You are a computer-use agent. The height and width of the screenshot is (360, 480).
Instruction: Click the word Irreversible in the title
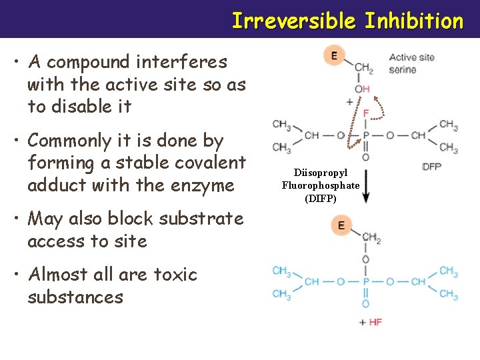(294, 21)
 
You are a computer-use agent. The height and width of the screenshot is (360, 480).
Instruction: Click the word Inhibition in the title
(413, 21)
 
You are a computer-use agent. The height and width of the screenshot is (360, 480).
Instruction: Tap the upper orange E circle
(333, 55)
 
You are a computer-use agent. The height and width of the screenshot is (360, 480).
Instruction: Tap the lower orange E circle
(341, 225)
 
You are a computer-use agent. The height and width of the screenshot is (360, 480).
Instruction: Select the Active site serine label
(411, 63)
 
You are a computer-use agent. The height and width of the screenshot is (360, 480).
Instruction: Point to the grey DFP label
(431, 167)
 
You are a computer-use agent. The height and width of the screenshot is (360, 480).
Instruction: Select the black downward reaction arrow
(365, 187)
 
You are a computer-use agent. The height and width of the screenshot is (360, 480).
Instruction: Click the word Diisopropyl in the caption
(321, 173)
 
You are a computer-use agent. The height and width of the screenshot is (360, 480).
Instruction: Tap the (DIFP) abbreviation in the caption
(321, 198)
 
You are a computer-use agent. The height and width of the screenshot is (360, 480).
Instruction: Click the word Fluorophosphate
(321, 185)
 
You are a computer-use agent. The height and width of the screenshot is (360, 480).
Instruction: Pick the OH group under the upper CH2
(362, 89)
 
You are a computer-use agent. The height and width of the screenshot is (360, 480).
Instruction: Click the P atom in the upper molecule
(365, 135)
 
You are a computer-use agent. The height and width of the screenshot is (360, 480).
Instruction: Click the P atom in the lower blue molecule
(365, 281)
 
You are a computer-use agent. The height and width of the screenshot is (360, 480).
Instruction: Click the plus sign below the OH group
(349, 102)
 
